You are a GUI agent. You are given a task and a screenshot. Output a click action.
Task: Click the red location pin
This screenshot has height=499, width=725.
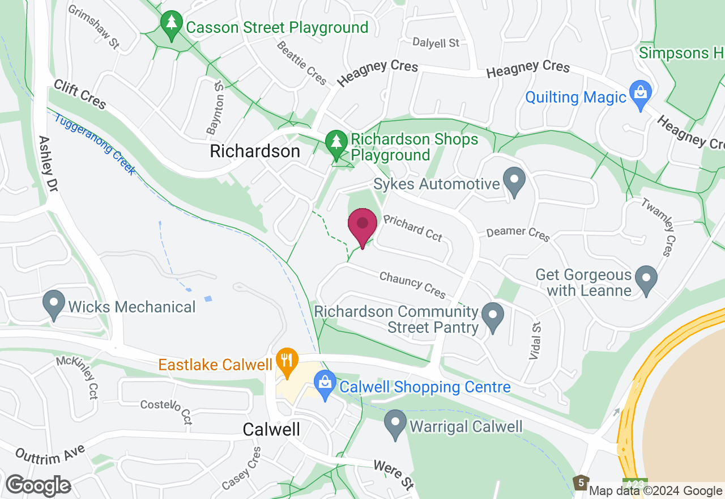click(x=362, y=227)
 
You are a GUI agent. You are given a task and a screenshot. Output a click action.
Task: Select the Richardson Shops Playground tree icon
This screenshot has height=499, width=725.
click(x=336, y=145)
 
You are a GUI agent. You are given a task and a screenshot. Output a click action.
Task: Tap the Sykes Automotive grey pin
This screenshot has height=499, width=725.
click(x=514, y=182)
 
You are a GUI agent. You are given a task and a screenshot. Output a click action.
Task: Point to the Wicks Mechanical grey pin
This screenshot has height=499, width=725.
click(x=54, y=305)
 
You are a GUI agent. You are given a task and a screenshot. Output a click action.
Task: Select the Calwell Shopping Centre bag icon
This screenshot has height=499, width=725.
click(x=325, y=385)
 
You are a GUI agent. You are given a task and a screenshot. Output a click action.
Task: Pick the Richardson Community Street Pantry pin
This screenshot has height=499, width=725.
click(x=492, y=318)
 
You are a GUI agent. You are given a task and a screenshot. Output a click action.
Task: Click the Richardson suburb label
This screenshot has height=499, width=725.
click(x=255, y=151)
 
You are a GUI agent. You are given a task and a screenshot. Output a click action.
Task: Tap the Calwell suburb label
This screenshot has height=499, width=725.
click(x=271, y=429)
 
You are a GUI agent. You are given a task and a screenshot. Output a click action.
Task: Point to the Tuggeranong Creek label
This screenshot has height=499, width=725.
click(x=95, y=144)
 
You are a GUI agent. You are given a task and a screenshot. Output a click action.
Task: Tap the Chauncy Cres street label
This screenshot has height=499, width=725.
click(x=412, y=285)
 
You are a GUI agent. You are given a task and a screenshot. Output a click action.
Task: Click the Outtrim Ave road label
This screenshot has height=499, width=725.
click(x=50, y=454)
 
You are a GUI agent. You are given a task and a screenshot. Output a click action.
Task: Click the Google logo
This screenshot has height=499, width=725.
click(x=38, y=486)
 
